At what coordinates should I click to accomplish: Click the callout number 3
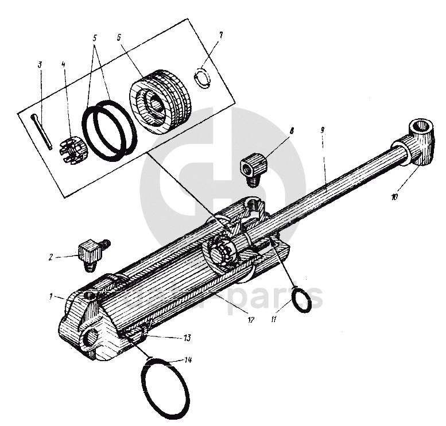[x=40, y=65]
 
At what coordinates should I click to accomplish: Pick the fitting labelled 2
[x=88, y=253]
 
